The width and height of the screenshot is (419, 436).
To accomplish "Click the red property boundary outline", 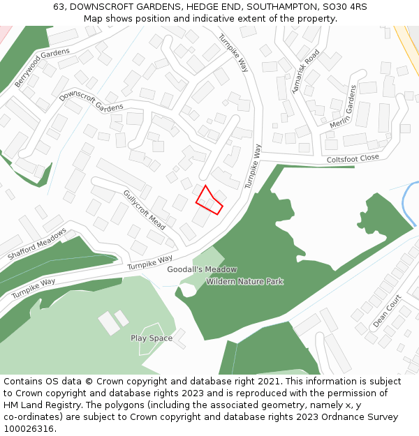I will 208,200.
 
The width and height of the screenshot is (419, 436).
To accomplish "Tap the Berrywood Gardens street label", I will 43,68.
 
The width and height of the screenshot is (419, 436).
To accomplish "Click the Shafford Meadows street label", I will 37,244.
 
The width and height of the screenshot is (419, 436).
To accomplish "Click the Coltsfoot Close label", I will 353,158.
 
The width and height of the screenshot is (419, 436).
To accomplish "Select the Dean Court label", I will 387,310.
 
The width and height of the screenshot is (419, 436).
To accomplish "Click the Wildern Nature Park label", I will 244,282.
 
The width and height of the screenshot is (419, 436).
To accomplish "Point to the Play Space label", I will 152,338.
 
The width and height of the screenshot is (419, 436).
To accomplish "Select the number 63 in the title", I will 59,6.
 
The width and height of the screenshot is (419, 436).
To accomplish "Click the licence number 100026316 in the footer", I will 28,428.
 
